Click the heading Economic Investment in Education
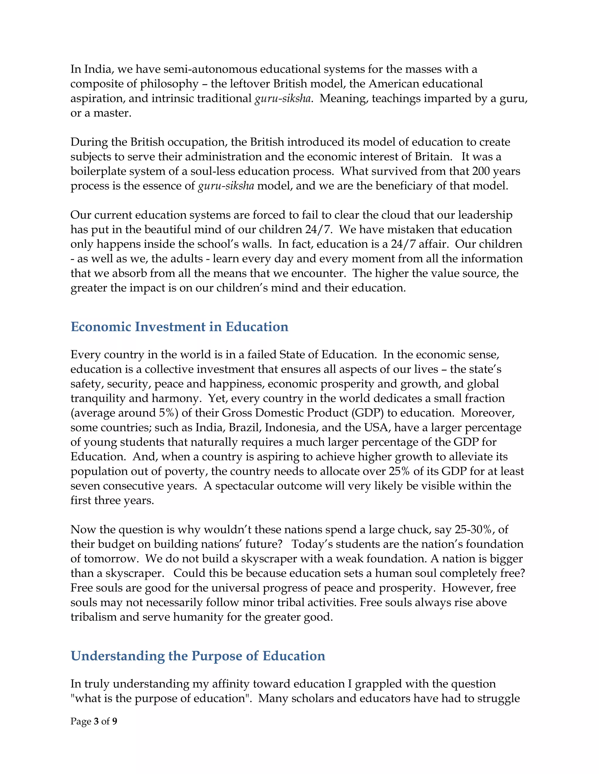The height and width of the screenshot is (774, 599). tap(179, 327)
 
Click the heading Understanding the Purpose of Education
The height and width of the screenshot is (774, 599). tap(198, 656)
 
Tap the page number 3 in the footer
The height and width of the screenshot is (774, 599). tap(96, 721)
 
